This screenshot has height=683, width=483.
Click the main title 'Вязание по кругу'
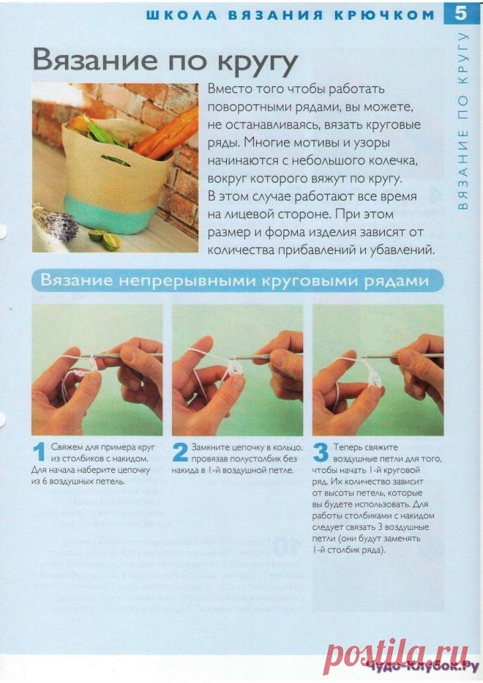[x=165, y=61]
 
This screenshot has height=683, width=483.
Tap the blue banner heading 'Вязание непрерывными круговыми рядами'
[x=235, y=280]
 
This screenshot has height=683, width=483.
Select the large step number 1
[x=40, y=452]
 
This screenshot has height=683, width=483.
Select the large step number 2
[x=180, y=452]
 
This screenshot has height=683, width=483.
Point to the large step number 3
[x=321, y=452]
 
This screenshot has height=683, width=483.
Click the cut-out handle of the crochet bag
[x=115, y=160]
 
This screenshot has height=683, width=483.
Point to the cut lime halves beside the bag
[x=105, y=239]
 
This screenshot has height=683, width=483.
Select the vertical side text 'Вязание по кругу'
[x=463, y=121]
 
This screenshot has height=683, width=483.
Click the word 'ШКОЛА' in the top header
[x=181, y=15]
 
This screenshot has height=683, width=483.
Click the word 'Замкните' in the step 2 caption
[x=207, y=447]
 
